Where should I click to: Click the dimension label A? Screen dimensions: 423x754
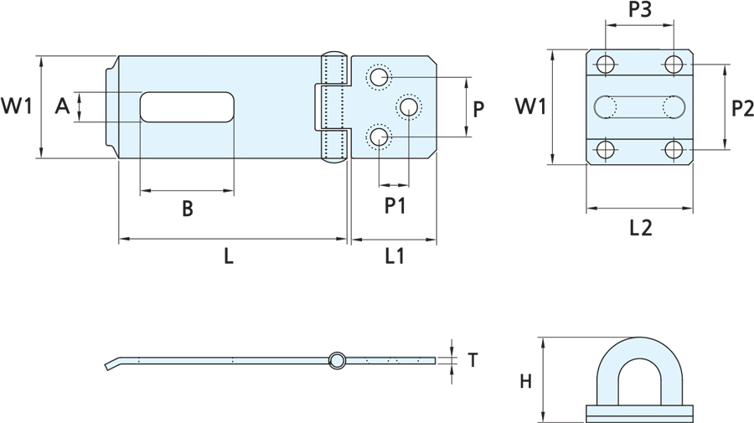(x=61, y=106)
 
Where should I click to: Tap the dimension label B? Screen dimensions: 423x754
(x=187, y=209)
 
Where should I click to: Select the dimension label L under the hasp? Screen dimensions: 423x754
(x=228, y=257)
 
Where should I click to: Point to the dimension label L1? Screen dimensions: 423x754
(x=395, y=257)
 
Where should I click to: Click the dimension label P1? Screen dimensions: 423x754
(x=395, y=205)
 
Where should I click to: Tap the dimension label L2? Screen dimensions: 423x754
(x=640, y=227)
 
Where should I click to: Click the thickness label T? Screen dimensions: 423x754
(x=473, y=360)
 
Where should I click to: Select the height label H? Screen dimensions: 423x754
(x=525, y=382)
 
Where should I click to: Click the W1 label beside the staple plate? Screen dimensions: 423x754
(x=530, y=106)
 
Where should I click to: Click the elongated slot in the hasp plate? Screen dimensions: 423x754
(x=186, y=107)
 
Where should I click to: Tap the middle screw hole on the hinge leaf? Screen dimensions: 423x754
(x=409, y=106)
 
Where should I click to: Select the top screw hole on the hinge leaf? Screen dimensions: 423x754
(x=380, y=77)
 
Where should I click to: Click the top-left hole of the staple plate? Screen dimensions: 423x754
(x=605, y=64)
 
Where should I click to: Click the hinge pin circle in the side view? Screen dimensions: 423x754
(x=336, y=360)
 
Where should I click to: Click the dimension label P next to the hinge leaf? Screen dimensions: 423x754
(x=478, y=108)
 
